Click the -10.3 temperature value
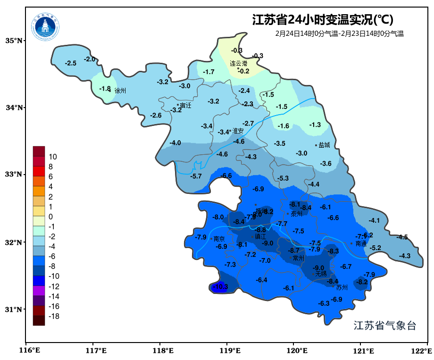[x=220, y=286]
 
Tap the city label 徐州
[x=120, y=91]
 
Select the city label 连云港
[x=238, y=63]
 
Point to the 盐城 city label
[x=324, y=145]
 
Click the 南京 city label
[x=219, y=239]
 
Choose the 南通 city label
[x=361, y=243]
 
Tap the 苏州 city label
[x=342, y=287]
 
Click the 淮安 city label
[x=238, y=131]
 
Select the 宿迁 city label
[x=185, y=105]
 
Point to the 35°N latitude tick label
[x=14, y=41]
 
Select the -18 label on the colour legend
[x=54, y=316]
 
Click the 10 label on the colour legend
[x=53, y=157]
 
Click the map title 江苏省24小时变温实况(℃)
[x=323, y=20]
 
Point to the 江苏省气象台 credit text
[x=385, y=326]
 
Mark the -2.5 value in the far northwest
[x=71, y=63]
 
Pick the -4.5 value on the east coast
[x=402, y=237]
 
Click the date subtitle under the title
[x=339, y=33]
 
